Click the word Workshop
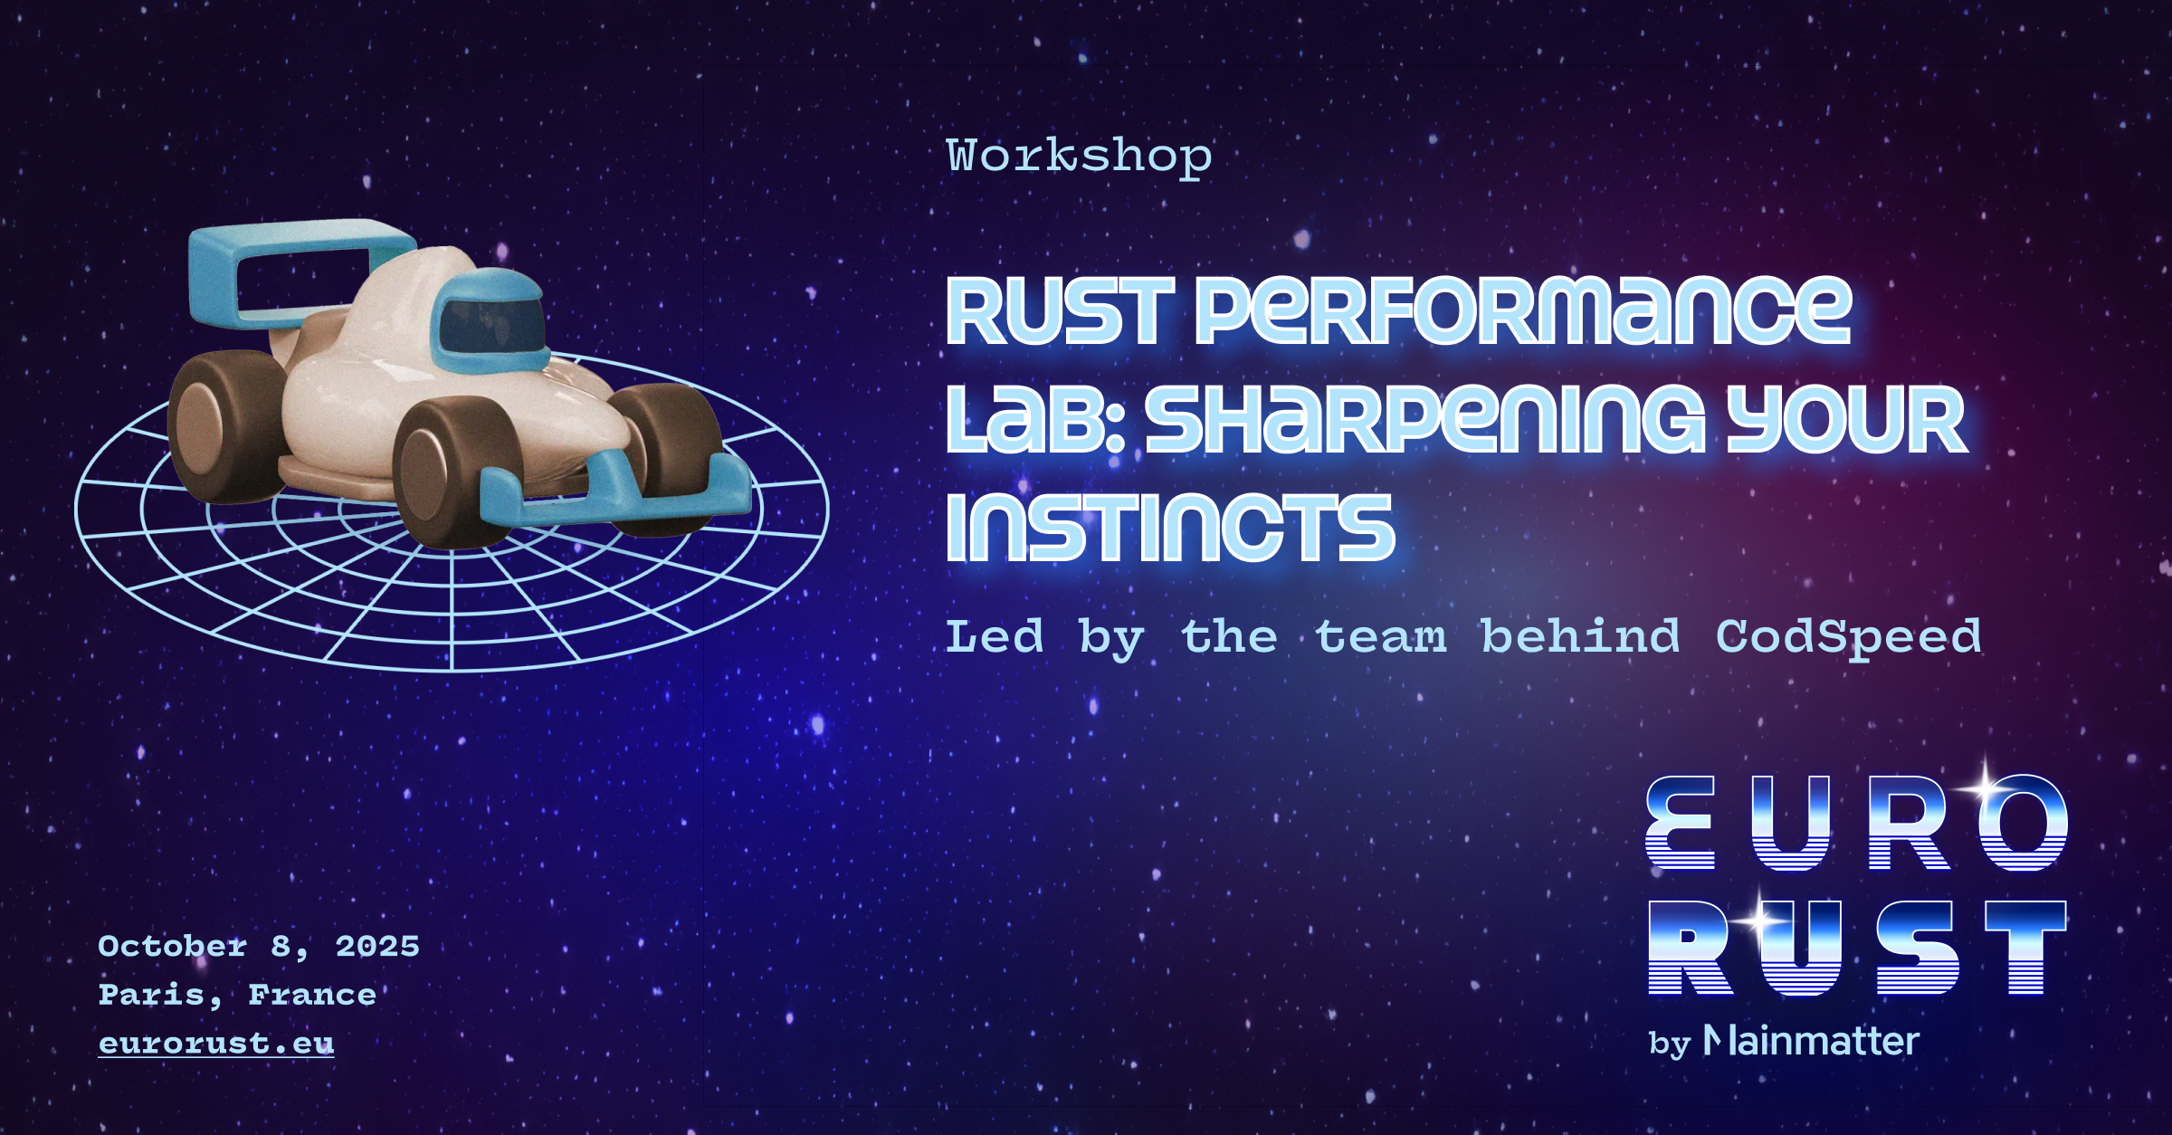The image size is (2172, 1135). [1079, 156]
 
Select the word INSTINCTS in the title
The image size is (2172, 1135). [1170, 528]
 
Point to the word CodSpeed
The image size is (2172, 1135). [1848, 637]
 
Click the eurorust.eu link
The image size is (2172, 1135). [216, 1044]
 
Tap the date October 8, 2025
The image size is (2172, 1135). [259, 946]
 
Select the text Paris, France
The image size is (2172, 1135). [237, 995]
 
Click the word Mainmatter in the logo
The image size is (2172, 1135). [1811, 1041]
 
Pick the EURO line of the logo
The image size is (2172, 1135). [1856, 823]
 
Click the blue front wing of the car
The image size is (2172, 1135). [615, 488]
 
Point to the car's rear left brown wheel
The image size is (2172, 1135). [226, 425]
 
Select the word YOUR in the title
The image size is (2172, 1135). [1846, 419]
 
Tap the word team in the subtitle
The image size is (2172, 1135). [1381, 637]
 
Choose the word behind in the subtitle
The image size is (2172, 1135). [1581, 635]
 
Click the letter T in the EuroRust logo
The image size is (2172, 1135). [2026, 948]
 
